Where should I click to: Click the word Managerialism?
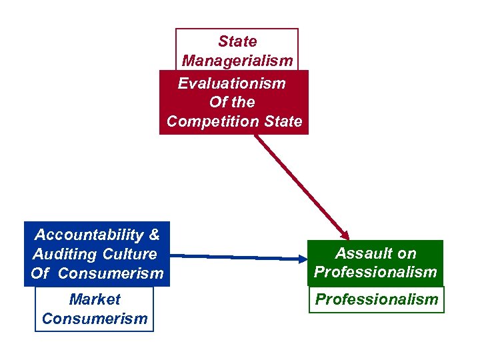point(237,61)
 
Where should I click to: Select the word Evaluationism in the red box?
point(231,83)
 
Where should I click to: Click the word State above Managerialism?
point(237,41)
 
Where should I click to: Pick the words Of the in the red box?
point(232,102)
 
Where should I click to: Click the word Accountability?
point(89,235)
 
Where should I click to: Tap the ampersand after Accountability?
point(154,235)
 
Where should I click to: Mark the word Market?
point(95,299)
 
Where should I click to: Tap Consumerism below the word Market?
point(95,318)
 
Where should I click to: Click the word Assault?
point(365,253)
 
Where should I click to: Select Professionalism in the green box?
point(376,272)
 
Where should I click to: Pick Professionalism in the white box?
point(377,299)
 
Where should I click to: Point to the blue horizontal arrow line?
point(233,256)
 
